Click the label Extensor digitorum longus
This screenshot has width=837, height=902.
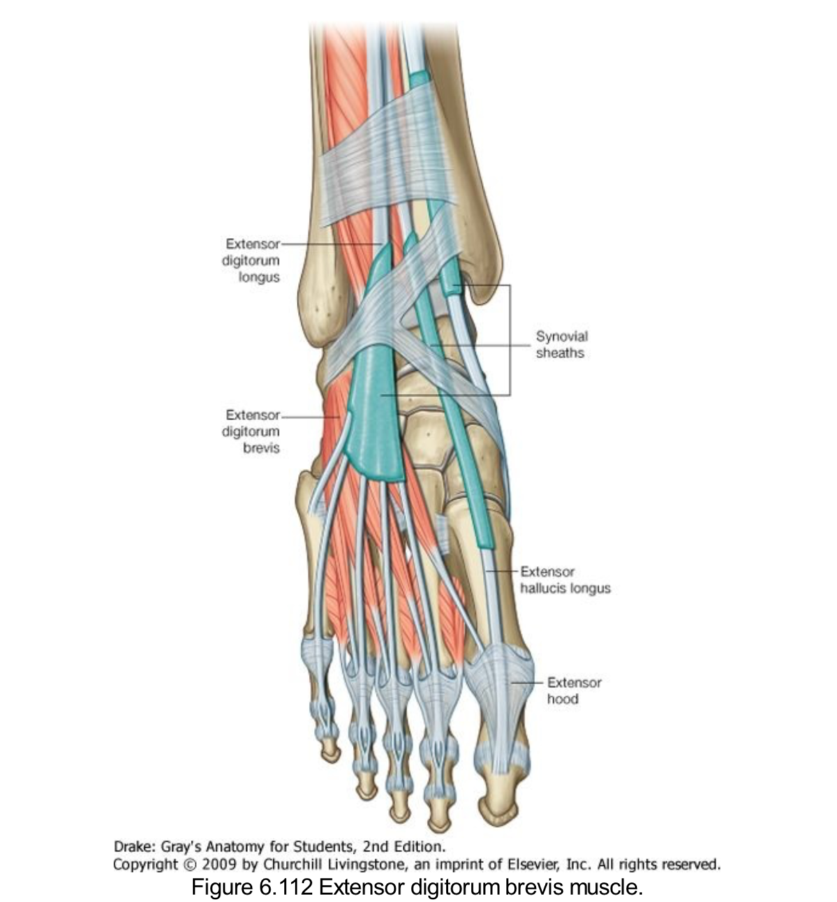[x=251, y=261]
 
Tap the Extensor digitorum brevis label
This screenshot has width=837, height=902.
[x=251, y=431]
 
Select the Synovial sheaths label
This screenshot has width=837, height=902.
[x=561, y=344]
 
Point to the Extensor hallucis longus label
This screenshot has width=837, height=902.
[x=565, y=580]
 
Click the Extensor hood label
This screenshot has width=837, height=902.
[x=574, y=690]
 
